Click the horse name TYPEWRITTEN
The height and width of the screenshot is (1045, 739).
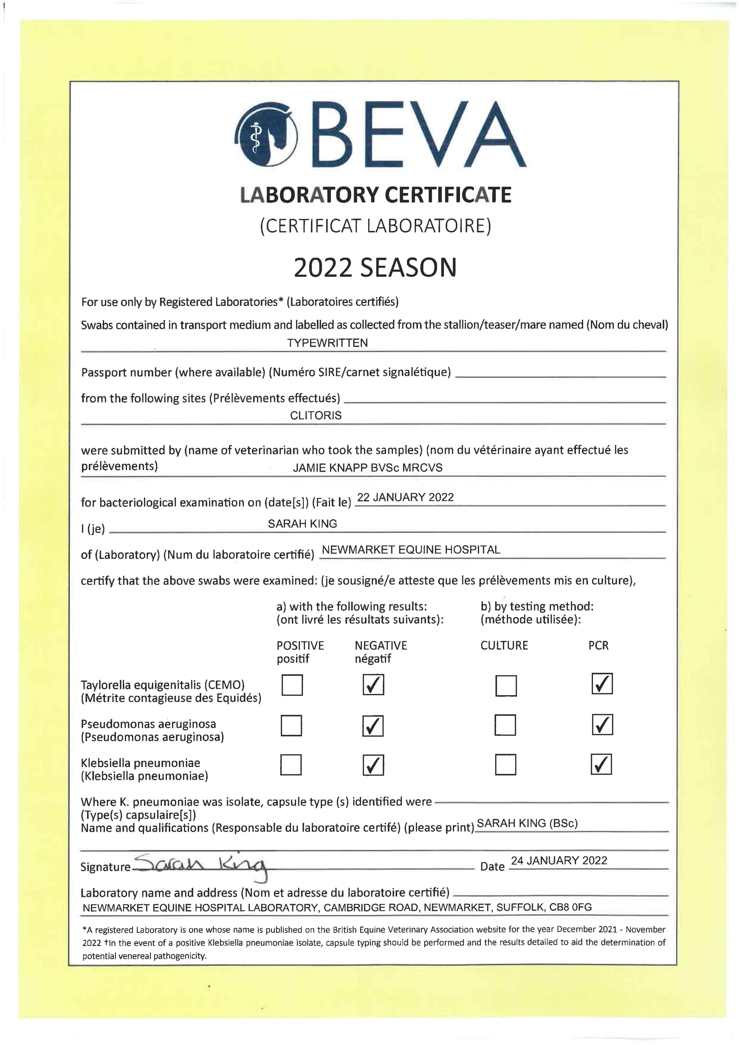coord(327,343)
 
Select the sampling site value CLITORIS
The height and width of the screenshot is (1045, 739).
coord(316,415)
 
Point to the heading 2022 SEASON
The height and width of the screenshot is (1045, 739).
coord(375,268)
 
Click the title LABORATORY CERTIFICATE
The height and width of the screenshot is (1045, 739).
coord(376,195)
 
